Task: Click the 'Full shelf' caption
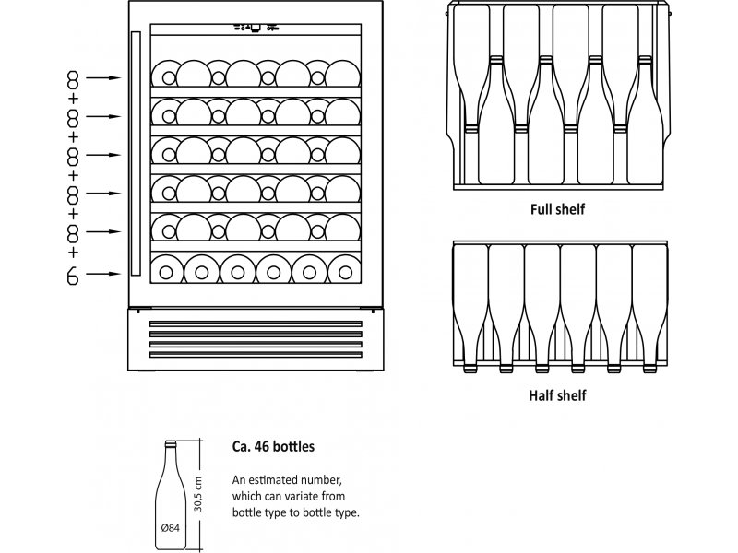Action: (557, 209)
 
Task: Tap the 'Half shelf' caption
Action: (557, 395)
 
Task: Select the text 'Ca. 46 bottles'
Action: (273, 446)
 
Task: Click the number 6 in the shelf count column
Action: (73, 276)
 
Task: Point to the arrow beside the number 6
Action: (103, 274)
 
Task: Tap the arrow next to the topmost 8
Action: (103, 78)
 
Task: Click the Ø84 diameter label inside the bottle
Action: (171, 527)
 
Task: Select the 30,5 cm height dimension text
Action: (198, 494)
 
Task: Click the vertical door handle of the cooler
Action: (136, 153)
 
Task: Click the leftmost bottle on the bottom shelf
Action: (166, 270)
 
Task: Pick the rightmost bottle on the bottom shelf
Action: (345, 270)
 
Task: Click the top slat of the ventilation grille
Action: (256, 324)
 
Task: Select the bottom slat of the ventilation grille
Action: (256, 355)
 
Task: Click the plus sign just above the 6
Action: (73, 253)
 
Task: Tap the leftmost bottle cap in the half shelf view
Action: (470, 370)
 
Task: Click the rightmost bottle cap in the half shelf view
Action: (650, 370)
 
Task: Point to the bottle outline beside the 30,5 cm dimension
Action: (171, 495)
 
